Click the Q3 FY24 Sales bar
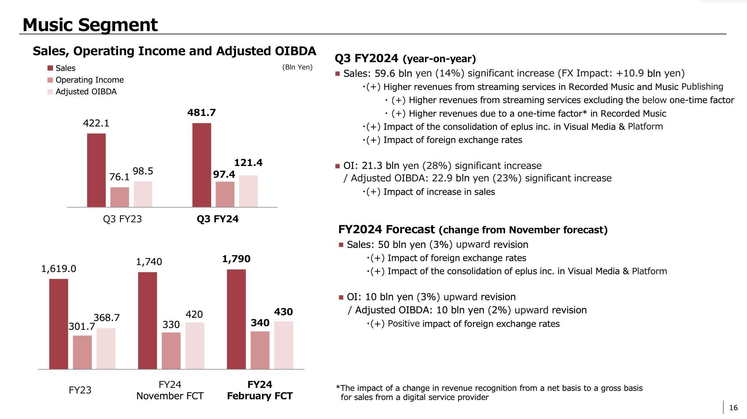point(202,165)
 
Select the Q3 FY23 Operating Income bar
point(120,197)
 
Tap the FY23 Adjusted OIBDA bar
point(106,348)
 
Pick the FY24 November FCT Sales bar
point(148,320)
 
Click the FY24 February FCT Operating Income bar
point(260,350)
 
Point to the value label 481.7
point(201,113)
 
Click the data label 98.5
point(143,171)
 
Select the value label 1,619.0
point(58,269)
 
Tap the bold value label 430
point(283,312)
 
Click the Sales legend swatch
point(50,68)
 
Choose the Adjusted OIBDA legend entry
point(86,92)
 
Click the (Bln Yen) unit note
point(297,67)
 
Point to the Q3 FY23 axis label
point(122,219)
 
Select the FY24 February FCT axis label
point(260,390)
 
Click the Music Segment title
point(90,25)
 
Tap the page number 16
point(733,408)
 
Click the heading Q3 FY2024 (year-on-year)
point(405,58)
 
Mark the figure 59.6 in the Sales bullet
point(385,73)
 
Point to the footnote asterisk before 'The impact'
point(338,388)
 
